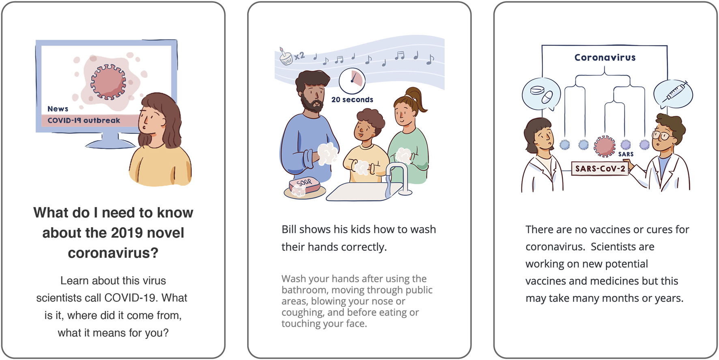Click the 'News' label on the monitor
click(x=58, y=109)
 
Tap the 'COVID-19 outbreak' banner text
click(x=84, y=121)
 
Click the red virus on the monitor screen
click(x=108, y=82)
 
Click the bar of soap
click(x=305, y=185)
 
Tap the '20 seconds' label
click(x=352, y=100)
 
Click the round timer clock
click(x=352, y=81)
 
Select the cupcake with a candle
click(x=286, y=57)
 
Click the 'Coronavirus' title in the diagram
click(x=605, y=58)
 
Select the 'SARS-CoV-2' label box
click(x=600, y=168)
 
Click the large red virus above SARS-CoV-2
click(x=605, y=146)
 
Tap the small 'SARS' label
click(x=626, y=154)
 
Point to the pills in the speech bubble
click(x=542, y=94)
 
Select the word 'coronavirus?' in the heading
click(x=113, y=253)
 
